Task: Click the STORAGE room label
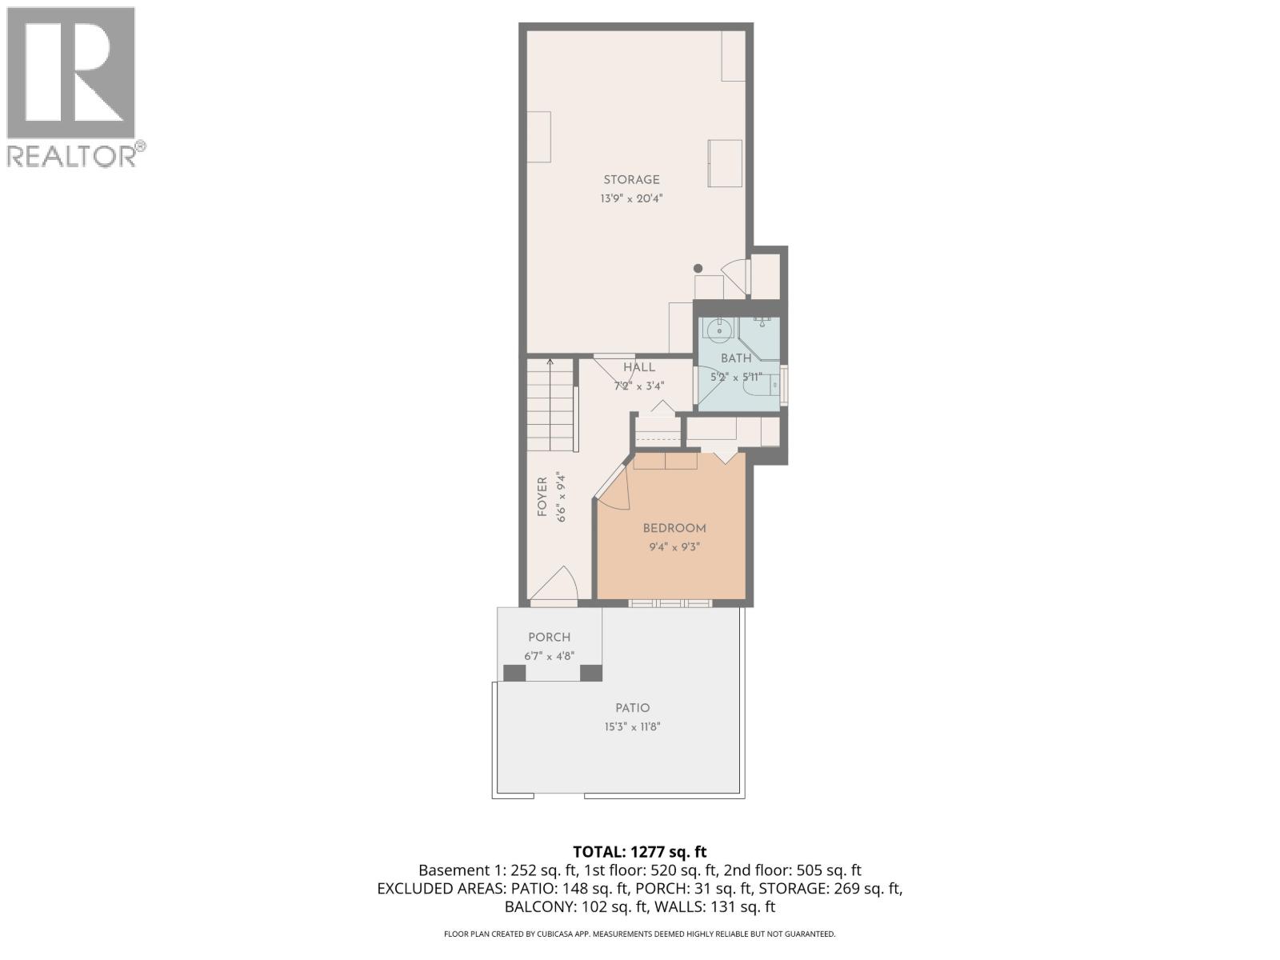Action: point(631,180)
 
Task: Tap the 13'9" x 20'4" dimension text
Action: point(631,198)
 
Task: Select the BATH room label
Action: point(736,358)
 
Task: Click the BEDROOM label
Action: point(674,528)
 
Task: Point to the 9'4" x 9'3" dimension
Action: point(674,548)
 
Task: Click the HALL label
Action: point(639,367)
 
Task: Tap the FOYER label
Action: point(542,497)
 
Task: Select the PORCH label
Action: point(549,638)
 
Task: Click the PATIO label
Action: point(632,708)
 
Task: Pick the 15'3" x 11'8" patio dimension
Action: point(632,727)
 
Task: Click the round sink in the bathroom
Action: point(718,329)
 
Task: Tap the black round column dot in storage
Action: point(698,269)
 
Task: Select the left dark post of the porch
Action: point(514,673)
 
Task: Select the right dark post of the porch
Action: point(590,673)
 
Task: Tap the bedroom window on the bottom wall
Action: point(670,603)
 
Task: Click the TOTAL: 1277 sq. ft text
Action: point(640,851)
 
